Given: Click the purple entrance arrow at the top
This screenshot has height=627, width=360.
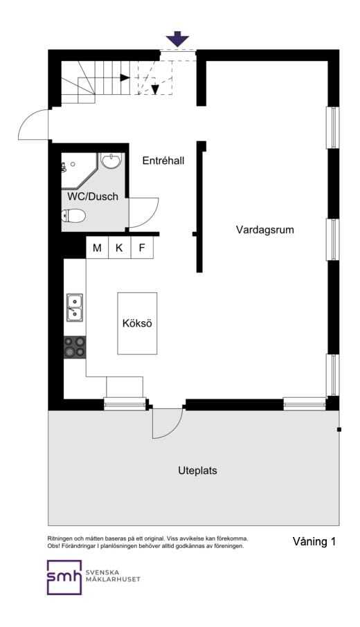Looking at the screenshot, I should click(x=179, y=39).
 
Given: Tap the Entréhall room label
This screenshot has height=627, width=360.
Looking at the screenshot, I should click(x=163, y=161).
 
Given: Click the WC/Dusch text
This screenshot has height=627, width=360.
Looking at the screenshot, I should click(x=93, y=197).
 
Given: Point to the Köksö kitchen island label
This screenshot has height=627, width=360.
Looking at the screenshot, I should click(x=136, y=323).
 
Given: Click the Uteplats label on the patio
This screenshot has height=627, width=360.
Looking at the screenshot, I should click(x=197, y=471).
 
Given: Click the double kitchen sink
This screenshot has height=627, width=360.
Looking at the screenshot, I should click(x=75, y=308).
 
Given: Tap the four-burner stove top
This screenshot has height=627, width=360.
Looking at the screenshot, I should click(x=75, y=347).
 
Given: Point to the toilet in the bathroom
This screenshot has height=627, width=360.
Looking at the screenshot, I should click(x=75, y=216).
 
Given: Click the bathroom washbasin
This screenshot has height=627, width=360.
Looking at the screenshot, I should click(x=111, y=161).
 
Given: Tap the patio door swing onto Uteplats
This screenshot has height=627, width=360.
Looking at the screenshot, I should click(x=168, y=424).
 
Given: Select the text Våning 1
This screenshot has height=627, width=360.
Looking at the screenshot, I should click(x=314, y=542).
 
